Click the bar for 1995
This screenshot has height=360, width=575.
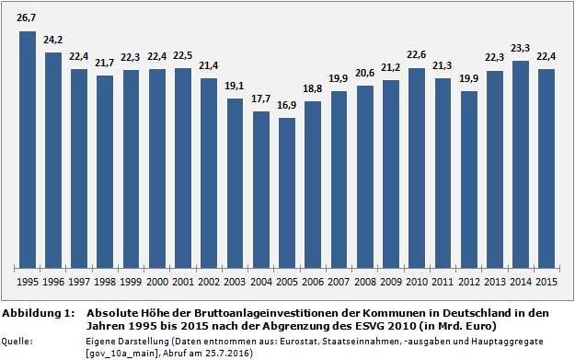28,147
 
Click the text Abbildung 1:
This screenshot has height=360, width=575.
38,314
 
